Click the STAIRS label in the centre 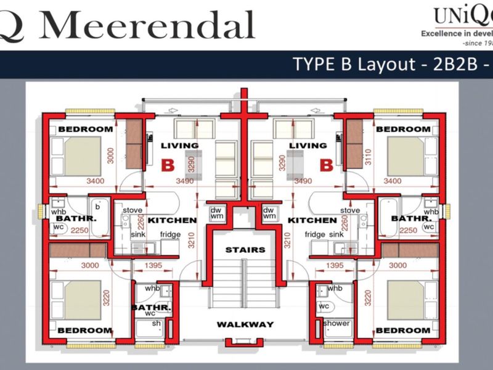click(245, 250)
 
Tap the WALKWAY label click(245, 324)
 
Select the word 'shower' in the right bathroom click(336, 324)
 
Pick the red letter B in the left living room click(167, 165)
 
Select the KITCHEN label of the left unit click(173, 220)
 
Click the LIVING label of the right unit click(308, 146)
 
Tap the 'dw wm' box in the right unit click(269, 213)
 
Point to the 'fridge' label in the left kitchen click(171, 235)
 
